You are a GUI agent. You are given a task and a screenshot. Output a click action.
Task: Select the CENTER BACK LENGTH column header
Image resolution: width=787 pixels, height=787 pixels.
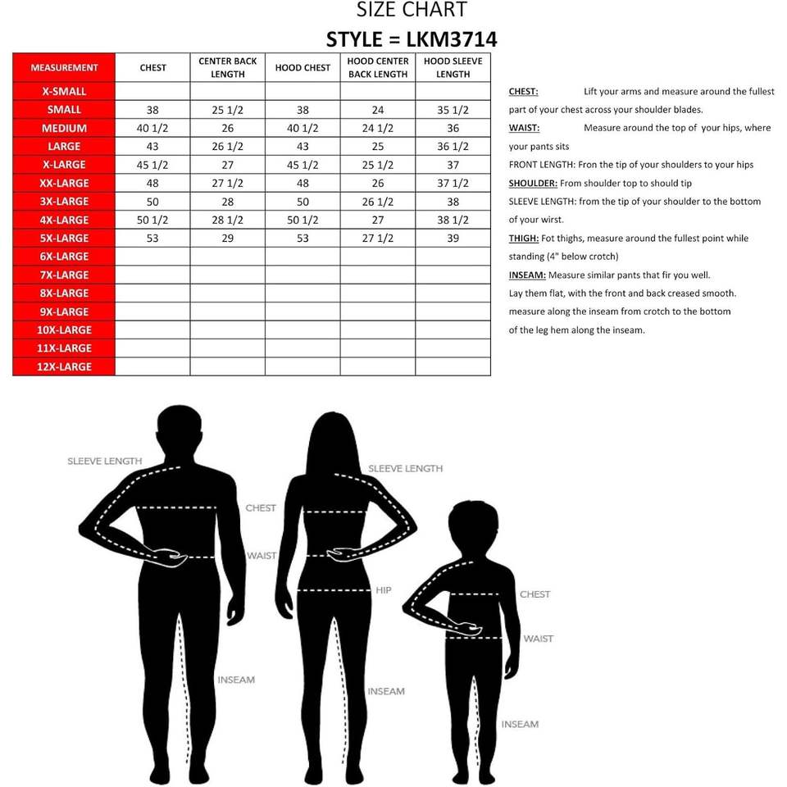[227, 67]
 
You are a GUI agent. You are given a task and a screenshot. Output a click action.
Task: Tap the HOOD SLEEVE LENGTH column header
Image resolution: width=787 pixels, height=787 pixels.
[453, 67]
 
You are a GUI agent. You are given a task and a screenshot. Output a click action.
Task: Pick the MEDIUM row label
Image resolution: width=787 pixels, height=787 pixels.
[64, 128]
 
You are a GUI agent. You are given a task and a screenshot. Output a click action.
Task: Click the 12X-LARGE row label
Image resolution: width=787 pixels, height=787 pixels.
[64, 366]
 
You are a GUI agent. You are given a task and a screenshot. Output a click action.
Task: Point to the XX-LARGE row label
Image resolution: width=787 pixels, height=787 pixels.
[64, 183]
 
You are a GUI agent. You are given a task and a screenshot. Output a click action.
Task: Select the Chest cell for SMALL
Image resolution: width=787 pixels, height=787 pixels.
[152, 109]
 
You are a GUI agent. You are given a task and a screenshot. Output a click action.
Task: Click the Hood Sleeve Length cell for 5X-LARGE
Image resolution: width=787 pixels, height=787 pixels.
[453, 238]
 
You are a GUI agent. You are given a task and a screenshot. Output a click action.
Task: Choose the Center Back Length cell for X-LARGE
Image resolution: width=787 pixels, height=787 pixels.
[227, 164]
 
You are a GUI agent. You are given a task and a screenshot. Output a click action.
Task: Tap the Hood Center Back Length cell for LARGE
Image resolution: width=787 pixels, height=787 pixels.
[377, 146]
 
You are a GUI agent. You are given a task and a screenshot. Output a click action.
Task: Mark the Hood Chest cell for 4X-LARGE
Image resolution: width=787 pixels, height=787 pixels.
[303, 220]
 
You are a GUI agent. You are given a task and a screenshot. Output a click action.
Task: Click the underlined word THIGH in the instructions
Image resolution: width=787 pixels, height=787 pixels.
[522, 239]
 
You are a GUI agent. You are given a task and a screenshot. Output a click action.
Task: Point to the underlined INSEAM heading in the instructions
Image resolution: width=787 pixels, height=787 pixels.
[526, 275]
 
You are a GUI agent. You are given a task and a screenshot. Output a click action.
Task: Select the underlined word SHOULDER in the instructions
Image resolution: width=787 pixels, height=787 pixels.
[533, 184]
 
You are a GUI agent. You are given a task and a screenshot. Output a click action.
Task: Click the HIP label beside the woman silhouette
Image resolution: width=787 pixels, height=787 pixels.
[384, 590]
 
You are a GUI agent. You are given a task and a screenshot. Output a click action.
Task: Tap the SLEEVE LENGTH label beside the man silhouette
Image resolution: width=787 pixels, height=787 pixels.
[104, 462]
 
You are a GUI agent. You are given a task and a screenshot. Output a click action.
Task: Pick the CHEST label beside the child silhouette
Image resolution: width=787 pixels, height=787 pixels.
[535, 594]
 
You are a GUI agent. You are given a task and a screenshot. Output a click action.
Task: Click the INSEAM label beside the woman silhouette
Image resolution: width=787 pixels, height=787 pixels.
[386, 691]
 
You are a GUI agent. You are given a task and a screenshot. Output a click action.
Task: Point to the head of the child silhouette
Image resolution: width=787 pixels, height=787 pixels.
[473, 529]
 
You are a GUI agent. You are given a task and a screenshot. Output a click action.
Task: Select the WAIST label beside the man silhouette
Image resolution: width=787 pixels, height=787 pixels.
[262, 556]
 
